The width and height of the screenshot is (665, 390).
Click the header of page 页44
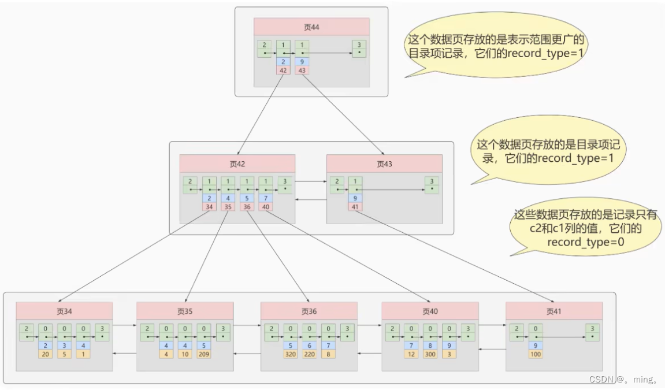click(311, 27)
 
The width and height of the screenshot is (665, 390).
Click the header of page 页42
click(237, 164)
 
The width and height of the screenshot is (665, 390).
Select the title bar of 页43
click(384, 164)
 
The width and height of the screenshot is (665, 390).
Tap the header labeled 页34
click(64, 311)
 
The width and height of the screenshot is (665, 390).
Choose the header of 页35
click(185, 311)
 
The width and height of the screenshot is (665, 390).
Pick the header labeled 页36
click(309, 311)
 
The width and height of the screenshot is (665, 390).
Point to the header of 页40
click(430, 311)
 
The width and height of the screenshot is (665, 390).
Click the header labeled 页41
click(554, 311)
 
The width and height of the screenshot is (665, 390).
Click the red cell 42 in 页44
click(283, 70)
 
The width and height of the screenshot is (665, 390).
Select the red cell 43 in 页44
click(302, 70)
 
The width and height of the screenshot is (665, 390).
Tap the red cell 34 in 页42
click(209, 206)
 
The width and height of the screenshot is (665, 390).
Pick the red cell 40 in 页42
click(265, 206)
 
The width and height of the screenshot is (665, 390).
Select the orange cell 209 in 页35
click(204, 354)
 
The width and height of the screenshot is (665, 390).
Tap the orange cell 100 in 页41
click(535, 354)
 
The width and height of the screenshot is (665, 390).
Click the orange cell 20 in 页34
click(45, 354)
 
